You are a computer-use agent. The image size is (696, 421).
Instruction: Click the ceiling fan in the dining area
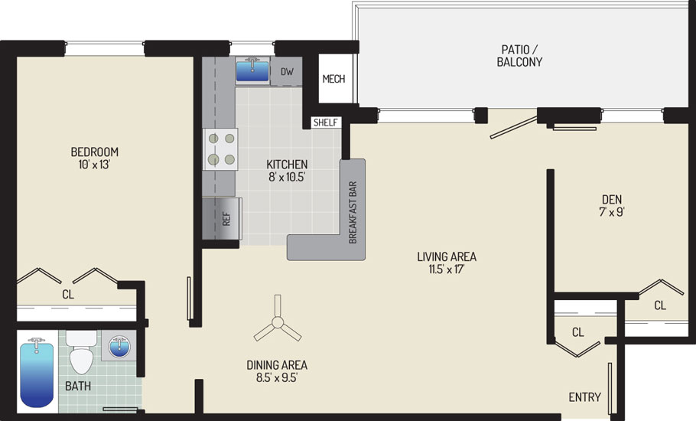pyautogui.click(x=278, y=322)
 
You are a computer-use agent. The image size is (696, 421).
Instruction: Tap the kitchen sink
pyautogui.click(x=252, y=70)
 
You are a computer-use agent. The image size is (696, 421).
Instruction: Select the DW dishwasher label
pyautogui.click(x=287, y=71)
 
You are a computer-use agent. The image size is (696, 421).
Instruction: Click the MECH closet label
pyautogui.click(x=333, y=79)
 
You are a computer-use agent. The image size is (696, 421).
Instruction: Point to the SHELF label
pyautogui.click(x=325, y=122)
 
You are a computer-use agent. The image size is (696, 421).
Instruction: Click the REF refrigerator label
pyautogui.click(x=226, y=218)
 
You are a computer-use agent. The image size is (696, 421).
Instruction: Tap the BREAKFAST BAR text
pyautogui.click(x=353, y=212)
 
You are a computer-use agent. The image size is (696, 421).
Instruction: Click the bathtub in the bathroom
pyautogui.click(x=37, y=373)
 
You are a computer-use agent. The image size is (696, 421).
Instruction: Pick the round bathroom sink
pyautogui.click(x=119, y=347)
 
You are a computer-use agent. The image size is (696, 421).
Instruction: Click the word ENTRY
pyautogui.click(x=585, y=397)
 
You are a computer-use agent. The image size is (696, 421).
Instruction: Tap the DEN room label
pyautogui.click(x=612, y=199)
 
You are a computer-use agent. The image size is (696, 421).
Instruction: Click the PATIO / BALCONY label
pyautogui.click(x=519, y=56)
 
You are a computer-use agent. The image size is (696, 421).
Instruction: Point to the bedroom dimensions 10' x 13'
pyautogui.click(x=94, y=165)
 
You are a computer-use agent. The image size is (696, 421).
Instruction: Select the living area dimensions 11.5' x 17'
pyautogui.click(x=447, y=269)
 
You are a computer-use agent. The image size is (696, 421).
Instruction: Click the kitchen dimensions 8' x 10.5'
pyautogui.click(x=287, y=177)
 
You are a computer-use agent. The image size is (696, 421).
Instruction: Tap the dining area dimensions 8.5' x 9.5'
pyautogui.click(x=277, y=378)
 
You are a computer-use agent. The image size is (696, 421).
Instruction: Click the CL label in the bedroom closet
pyautogui.click(x=68, y=295)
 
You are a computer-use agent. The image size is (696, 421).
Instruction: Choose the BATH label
pyautogui.click(x=78, y=387)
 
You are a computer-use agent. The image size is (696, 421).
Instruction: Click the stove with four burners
pyautogui.click(x=220, y=149)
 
